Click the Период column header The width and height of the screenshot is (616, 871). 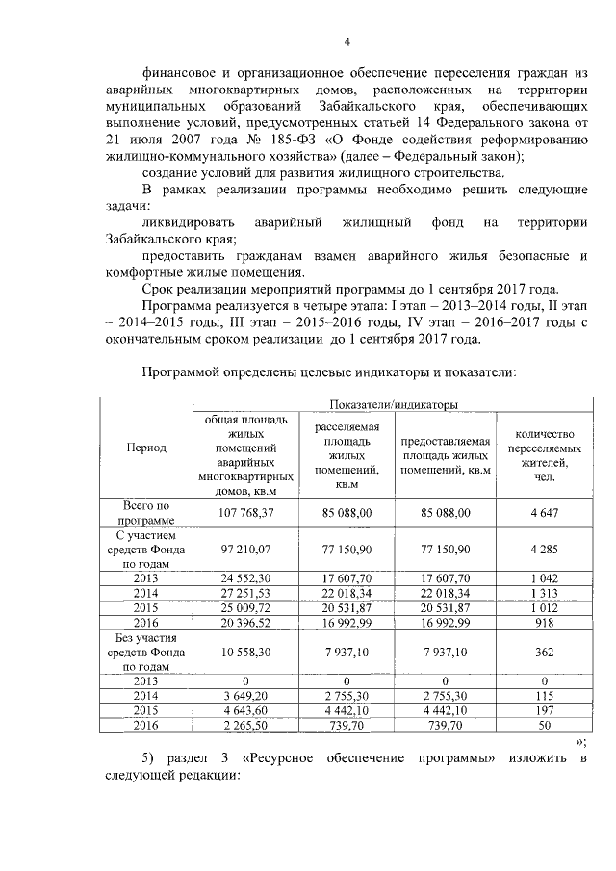click(146, 448)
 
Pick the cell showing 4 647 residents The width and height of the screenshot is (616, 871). click(544, 513)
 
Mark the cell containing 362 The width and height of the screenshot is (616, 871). click(544, 651)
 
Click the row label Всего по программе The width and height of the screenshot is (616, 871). click(146, 513)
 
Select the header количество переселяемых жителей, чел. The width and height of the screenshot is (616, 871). click(544, 448)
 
